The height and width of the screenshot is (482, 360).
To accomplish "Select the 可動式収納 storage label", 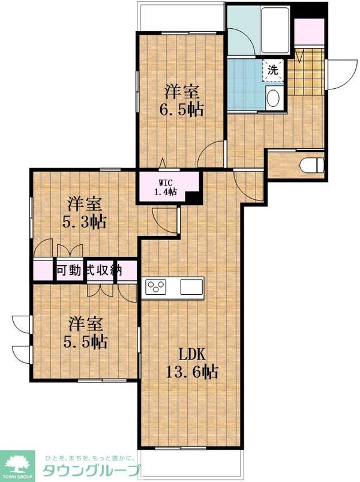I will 89,270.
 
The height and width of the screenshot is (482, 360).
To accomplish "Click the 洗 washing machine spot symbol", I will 272,69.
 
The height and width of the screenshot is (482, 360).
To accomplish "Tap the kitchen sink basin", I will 192,287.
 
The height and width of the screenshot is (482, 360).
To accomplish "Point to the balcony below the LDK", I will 191,463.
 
